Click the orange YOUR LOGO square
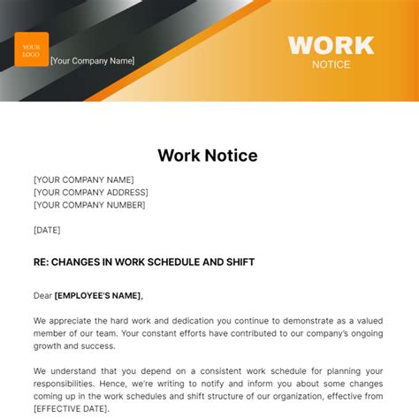click(32, 50)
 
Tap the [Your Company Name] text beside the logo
click(93, 61)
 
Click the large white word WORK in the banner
click(331, 45)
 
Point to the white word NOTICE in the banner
click(331, 65)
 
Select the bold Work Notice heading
click(208, 156)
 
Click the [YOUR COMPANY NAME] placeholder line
click(84, 179)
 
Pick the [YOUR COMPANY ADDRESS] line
click(91, 192)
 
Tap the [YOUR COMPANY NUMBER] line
click(89, 205)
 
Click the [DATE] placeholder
click(47, 230)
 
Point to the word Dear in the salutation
click(42, 295)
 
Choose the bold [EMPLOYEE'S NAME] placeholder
click(98, 295)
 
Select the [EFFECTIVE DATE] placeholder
click(70, 408)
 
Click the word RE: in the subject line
click(42, 262)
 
